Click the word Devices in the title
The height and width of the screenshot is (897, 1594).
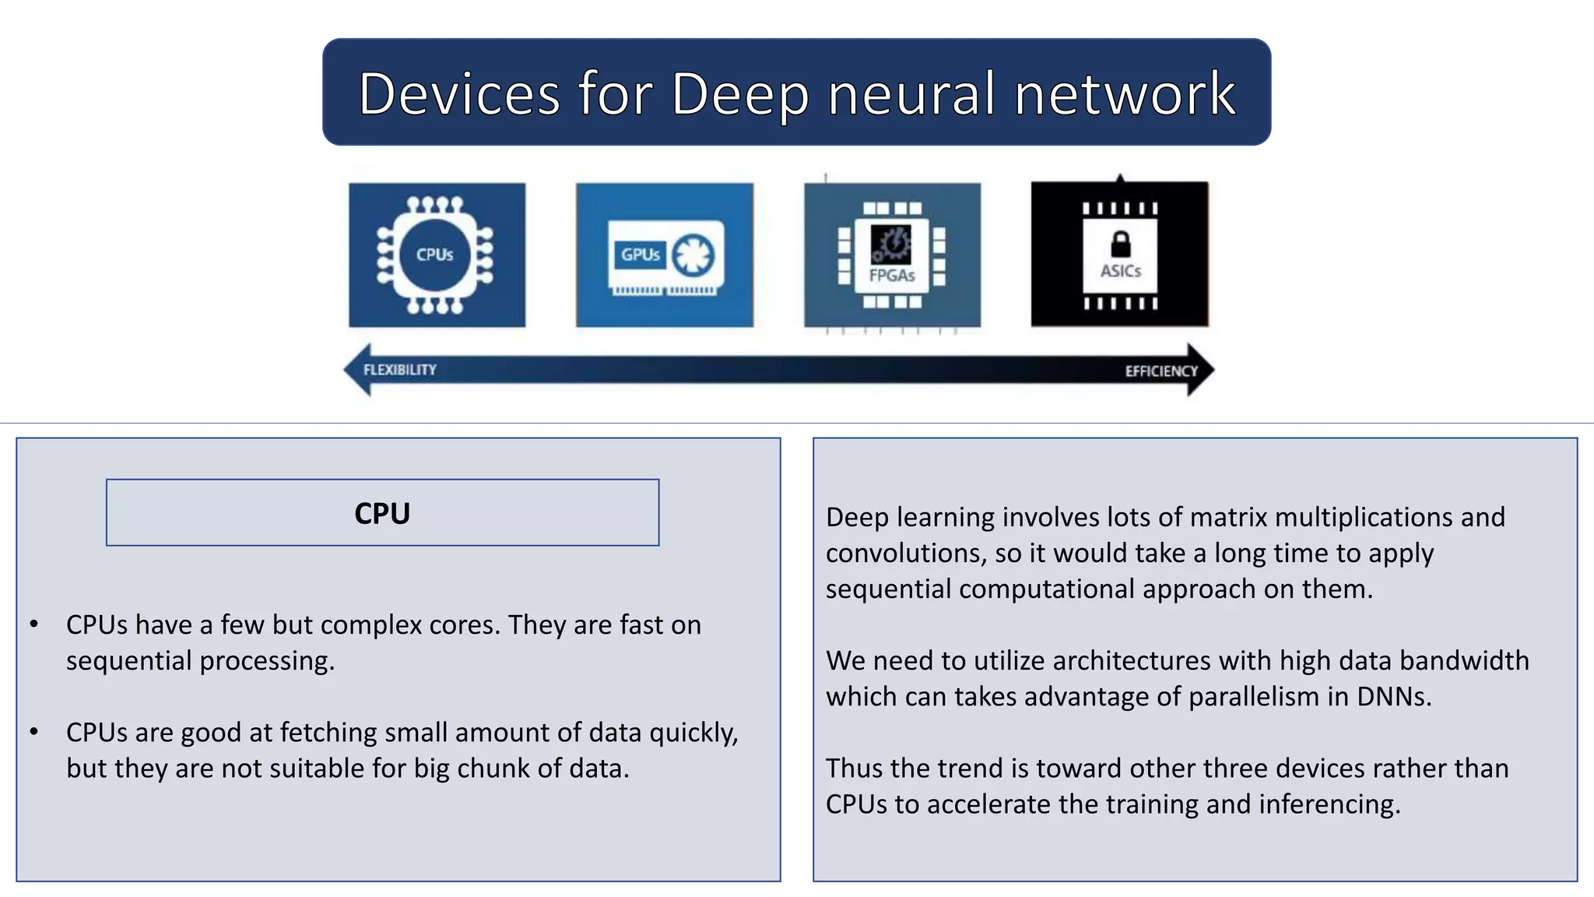459,93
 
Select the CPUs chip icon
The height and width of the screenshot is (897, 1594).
437,255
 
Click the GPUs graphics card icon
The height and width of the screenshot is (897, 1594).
665,256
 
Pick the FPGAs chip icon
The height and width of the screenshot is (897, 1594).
892,255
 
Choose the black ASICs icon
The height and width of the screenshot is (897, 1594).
1120,255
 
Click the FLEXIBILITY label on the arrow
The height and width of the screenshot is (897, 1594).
400,370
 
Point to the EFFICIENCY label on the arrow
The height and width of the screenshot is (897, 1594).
1160,371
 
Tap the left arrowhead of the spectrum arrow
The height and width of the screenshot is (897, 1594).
356,370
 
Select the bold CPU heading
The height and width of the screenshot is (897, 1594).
382,514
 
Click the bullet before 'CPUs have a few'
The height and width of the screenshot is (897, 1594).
34,624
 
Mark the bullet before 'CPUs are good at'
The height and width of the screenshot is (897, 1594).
34,731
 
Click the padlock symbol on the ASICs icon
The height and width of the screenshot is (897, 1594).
1120,244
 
